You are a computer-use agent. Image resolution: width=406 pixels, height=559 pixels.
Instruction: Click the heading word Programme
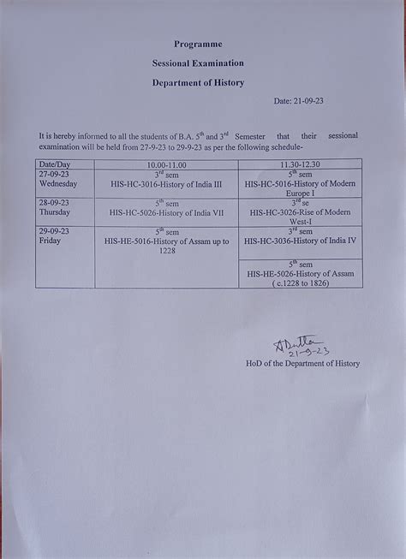click(x=198, y=43)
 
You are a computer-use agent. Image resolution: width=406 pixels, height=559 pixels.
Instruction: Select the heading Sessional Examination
click(x=198, y=62)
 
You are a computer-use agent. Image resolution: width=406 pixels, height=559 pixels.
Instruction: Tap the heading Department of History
click(x=198, y=82)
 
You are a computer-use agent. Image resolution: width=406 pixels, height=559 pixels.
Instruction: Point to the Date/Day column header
click(x=54, y=163)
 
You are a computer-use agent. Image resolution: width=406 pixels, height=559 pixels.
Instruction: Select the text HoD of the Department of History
click(x=302, y=363)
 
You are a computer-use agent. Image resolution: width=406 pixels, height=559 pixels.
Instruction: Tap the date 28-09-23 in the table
click(x=54, y=203)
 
